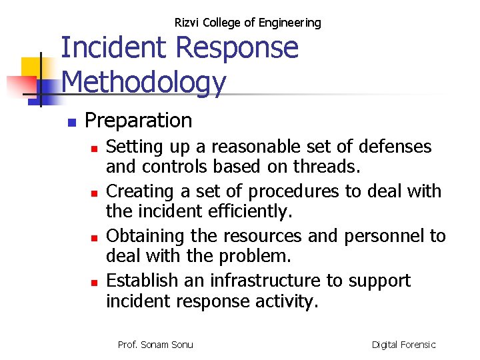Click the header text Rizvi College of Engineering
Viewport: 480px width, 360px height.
(x=247, y=23)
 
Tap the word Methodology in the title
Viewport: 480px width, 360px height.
(x=144, y=83)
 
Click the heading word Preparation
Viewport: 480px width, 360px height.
(x=139, y=121)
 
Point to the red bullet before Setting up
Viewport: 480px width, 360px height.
(x=95, y=148)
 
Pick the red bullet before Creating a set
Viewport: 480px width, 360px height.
(x=95, y=193)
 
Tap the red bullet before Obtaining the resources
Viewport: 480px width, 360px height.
(x=95, y=237)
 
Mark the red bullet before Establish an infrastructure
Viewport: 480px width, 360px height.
(x=95, y=282)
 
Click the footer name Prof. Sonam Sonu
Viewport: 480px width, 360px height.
(x=155, y=345)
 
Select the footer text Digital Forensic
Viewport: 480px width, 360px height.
(x=403, y=345)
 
